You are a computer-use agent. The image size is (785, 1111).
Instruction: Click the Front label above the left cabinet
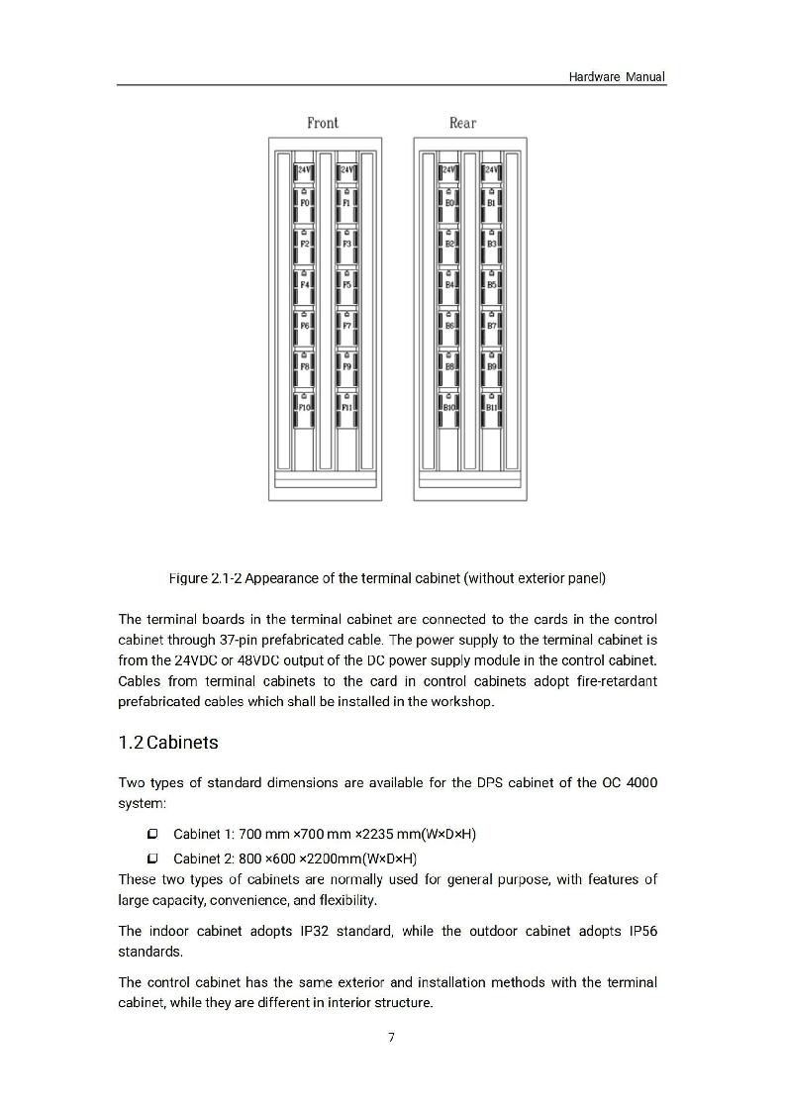click(x=323, y=123)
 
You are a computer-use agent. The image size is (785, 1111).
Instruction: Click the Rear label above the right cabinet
click(x=462, y=123)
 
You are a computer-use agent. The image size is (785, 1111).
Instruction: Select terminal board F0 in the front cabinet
click(x=305, y=202)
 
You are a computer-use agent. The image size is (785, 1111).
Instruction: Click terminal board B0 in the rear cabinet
click(x=449, y=202)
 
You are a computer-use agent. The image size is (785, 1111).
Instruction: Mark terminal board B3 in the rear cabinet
click(x=492, y=243)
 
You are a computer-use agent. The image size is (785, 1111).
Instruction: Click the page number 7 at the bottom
click(x=391, y=1038)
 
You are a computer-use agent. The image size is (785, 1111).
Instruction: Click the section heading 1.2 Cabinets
click(x=168, y=742)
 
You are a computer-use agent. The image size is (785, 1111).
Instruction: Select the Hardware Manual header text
click(x=617, y=76)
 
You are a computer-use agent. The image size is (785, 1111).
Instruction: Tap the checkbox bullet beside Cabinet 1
click(x=152, y=835)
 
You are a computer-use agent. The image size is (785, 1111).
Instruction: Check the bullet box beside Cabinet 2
click(x=152, y=858)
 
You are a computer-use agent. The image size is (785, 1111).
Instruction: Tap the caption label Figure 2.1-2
click(x=209, y=577)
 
